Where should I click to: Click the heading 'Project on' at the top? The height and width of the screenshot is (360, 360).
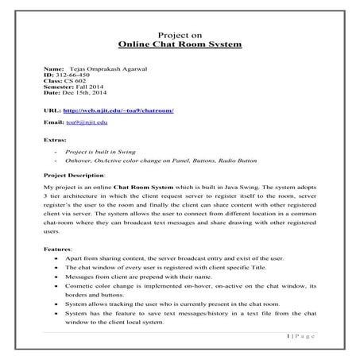(179, 36)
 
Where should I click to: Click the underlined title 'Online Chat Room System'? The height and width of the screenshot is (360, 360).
(179, 46)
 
